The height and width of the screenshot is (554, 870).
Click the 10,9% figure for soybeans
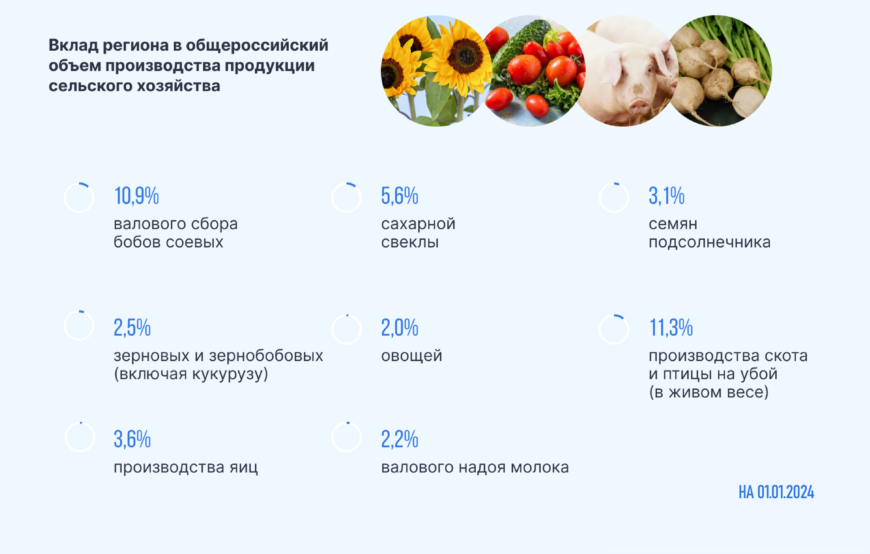[137, 196]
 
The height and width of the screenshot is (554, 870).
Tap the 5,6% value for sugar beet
[400, 196]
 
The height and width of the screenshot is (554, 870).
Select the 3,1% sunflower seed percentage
[667, 196]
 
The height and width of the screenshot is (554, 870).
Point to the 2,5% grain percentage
[132, 328]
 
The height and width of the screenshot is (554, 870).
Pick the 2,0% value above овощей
[400, 328]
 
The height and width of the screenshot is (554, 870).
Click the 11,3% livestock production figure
[671, 328]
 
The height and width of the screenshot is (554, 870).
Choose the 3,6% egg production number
[132, 439]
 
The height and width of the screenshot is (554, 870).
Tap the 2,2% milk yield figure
[400, 439]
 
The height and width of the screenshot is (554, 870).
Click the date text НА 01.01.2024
[777, 492]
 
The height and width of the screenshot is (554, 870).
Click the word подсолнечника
[710, 242]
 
